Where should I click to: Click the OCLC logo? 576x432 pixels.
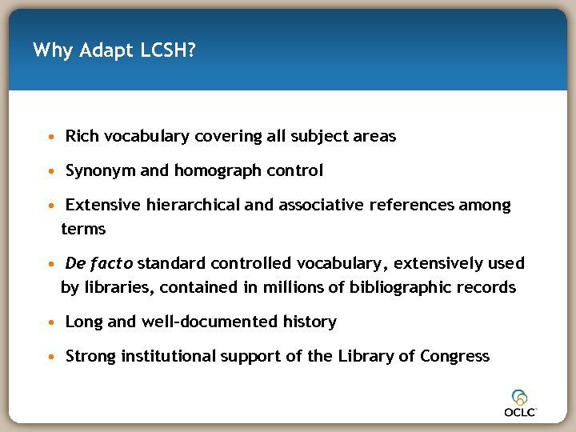520,403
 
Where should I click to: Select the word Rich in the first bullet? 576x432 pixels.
82,136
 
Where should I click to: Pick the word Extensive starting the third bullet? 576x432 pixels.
103,205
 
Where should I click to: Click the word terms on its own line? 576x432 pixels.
83,229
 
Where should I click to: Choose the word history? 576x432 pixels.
310,322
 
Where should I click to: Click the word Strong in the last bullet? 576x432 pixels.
90,356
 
